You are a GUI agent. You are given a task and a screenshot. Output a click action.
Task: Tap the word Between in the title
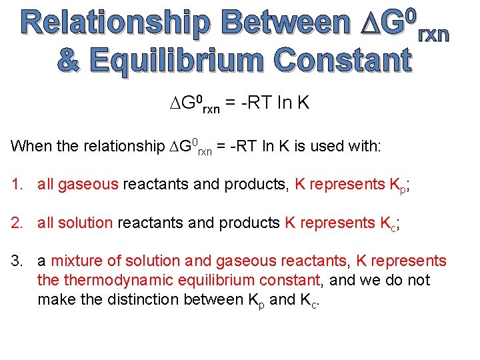(x=286, y=23)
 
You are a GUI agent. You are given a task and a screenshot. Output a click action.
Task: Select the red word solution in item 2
(x=85, y=222)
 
